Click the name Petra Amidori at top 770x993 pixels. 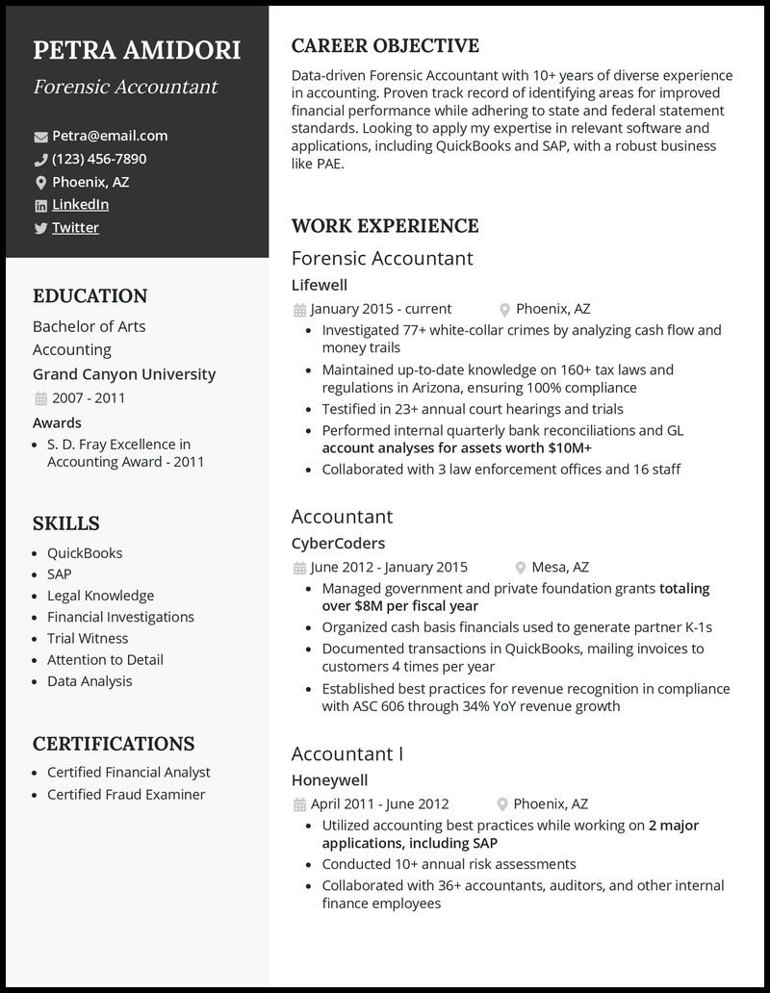click(137, 50)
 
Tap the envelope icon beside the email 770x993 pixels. click(40, 137)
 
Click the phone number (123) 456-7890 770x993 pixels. click(99, 159)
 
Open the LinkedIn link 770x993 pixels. click(80, 204)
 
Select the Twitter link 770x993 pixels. click(75, 227)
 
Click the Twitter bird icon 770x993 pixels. click(40, 228)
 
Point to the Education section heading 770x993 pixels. click(90, 296)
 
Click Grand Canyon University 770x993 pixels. click(124, 374)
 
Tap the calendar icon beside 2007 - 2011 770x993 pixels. click(40, 398)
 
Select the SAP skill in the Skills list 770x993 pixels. click(59, 574)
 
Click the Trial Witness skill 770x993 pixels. click(88, 638)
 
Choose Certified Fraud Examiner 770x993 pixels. click(126, 794)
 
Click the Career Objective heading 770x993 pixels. click(385, 46)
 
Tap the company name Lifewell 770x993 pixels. click(319, 285)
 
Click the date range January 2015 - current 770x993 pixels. click(381, 309)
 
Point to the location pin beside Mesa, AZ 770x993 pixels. click(521, 568)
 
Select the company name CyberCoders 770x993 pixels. click(338, 543)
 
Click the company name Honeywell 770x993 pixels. click(329, 780)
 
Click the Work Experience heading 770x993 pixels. click(384, 226)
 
